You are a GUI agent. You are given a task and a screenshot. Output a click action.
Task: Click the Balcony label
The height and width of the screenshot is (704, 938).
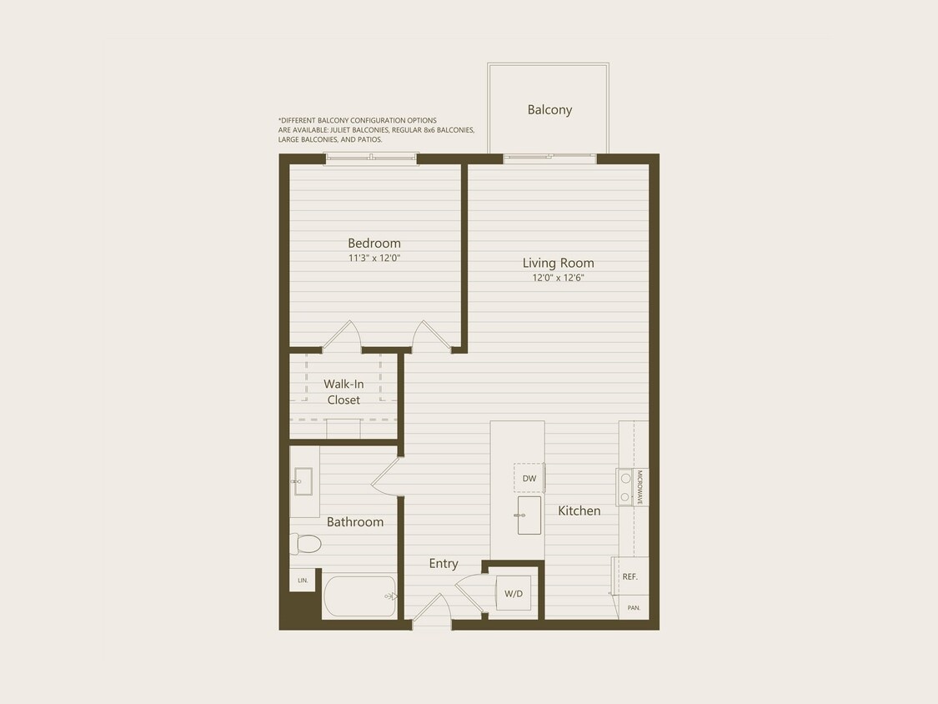click(x=549, y=110)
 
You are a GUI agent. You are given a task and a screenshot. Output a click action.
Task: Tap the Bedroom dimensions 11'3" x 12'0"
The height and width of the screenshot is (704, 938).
click(x=374, y=259)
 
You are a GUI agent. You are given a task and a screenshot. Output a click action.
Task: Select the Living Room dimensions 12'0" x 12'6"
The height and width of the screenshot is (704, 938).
click(x=559, y=278)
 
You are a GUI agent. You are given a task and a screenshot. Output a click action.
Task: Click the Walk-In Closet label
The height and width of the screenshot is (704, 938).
click(x=344, y=392)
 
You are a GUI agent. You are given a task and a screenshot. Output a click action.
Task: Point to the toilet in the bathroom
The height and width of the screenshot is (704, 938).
click(x=306, y=544)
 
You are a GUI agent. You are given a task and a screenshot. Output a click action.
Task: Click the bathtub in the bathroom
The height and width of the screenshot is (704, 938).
click(x=359, y=596)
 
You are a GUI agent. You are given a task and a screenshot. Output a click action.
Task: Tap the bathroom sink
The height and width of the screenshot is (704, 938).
click(x=303, y=481)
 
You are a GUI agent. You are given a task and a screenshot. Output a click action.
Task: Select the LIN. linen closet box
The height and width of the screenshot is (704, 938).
click(x=302, y=580)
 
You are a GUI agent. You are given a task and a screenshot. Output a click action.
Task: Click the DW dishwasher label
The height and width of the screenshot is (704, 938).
click(x=529, y=478)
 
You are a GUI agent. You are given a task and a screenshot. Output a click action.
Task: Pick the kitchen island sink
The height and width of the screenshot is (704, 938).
click(x=529, y=515)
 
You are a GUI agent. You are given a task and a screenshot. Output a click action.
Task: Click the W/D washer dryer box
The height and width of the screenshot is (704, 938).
click(x=514, y=593)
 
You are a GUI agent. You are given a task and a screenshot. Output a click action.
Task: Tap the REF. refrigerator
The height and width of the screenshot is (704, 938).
click(x=630, y=576)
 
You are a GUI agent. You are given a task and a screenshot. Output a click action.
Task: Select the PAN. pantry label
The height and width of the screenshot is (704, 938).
click(x=634, y=608)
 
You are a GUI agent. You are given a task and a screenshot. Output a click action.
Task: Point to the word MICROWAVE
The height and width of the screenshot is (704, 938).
click(x=640, y=487)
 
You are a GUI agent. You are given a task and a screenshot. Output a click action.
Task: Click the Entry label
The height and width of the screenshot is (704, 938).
click(x=444, y=564)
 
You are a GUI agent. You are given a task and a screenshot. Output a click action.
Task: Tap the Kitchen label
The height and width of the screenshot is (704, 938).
click(x=579, y=510)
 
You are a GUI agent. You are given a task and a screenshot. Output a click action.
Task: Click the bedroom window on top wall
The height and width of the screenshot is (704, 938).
click(x=371, y=158)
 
